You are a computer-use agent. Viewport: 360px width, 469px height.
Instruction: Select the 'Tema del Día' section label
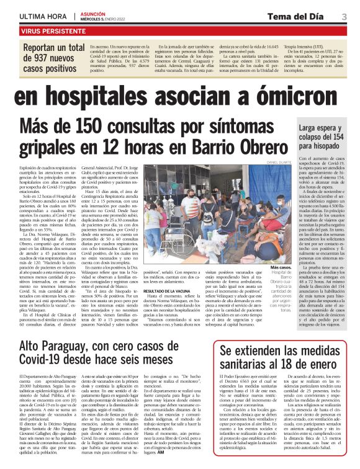tap(301, 16)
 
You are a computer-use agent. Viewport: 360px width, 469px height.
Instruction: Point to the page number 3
tap(344, 16)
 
